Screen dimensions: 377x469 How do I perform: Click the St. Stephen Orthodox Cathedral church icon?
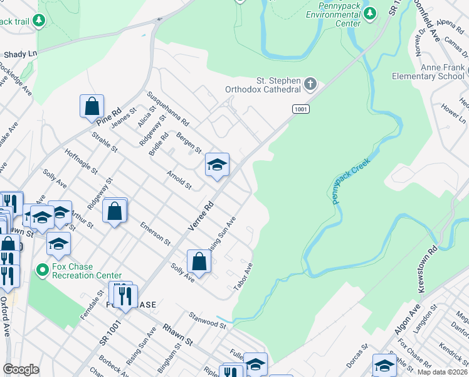(310, 84)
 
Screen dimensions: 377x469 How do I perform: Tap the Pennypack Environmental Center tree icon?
(370, 13)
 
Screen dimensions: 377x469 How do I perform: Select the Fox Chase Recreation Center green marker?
(42, 270)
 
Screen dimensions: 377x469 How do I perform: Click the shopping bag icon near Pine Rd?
(92, 106)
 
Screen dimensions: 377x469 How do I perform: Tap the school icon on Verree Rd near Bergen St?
(217, 165)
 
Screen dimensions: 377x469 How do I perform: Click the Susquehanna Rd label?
(167, 109)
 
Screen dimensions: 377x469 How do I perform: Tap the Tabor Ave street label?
(243, 276)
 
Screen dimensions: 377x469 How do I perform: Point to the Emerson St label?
(155, 232)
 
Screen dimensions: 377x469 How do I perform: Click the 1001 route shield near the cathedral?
(301, 109)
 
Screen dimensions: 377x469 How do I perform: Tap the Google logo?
(21, 369)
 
